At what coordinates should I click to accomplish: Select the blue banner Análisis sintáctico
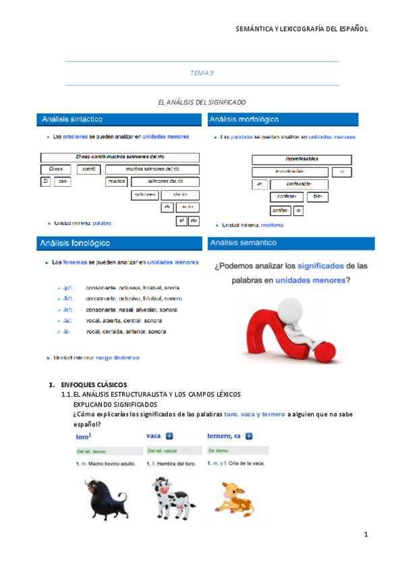tap(119, 119)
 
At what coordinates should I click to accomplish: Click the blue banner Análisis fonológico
tap(119, 242)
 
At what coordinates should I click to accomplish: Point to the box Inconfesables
tap(302, 160)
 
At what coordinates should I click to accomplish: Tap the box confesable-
tap(289, 184)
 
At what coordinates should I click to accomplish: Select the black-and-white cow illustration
tap(169, 495)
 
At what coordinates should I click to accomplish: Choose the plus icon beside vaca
tap(170, 436)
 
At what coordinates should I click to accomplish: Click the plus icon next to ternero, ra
tap(249, 436)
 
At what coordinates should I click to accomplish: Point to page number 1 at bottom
tap(365, 535)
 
